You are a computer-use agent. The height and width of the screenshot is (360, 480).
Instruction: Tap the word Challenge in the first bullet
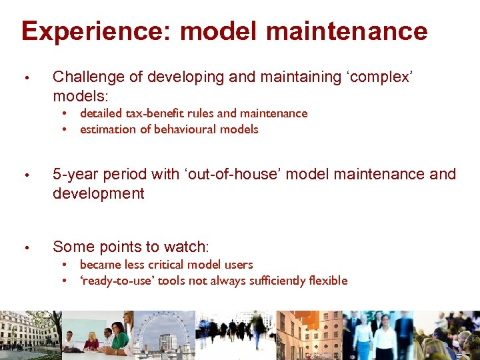coord(88,77)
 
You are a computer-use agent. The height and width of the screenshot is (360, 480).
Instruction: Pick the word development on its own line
coord(98,194)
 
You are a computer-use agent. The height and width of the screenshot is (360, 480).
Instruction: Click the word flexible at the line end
coord(327,281)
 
